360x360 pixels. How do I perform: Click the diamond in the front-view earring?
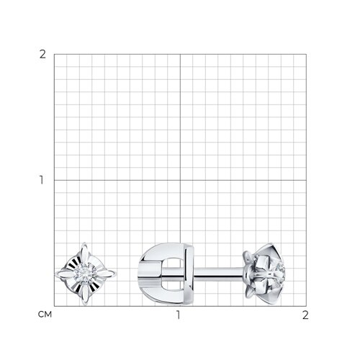click(85, 274)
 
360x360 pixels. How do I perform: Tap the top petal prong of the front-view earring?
click(84, 253)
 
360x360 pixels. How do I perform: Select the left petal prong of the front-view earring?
click(65, 274)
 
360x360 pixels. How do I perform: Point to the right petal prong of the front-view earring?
click(106, 274)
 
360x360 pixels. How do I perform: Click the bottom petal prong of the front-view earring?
click(85, 294)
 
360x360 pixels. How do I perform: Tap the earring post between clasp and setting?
click(218, 274)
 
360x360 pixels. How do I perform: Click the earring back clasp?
click(166, 274)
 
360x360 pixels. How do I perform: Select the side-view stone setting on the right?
click(264, 274)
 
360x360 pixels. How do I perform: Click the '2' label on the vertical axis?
click(42, 55)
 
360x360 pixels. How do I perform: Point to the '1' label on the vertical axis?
click(42, 180)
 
